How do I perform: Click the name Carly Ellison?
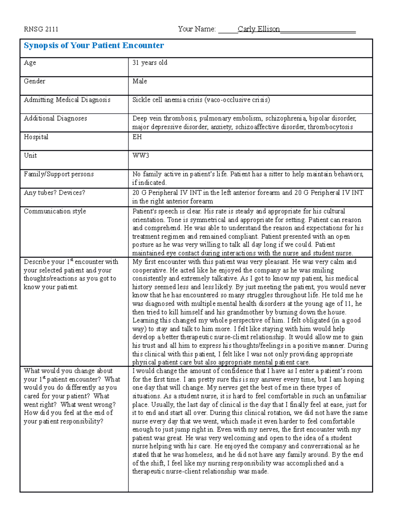tap(259, 29)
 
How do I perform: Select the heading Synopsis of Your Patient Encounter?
tap(93, 46)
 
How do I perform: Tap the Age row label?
tap(30, 63)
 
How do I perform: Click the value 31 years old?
tap(150, 63)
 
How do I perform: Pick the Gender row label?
tap(34, 81)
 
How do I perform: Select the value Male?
tap(139, 81)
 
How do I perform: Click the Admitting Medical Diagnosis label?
tap(67, 100)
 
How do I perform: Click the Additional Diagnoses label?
tap(55, 118)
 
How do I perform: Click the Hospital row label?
tap(36, 137)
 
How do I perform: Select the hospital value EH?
tap(137, 137)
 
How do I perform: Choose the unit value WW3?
tap(140, 156)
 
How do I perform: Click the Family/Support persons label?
tap(59, 174)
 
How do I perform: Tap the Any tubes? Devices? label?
tap(54, 193)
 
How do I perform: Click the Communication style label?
tap(55, 211)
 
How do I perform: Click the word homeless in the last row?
tap(199, 455)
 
